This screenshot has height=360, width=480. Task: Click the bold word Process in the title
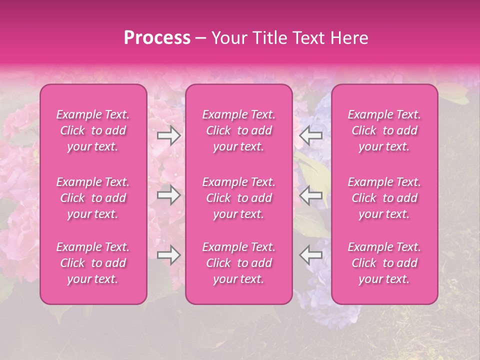tap(156, 38)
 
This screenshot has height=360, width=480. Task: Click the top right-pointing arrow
tap(169, 135)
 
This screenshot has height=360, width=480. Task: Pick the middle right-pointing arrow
tap(169, 195)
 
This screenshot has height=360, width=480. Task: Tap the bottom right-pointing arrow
tap(169, 255)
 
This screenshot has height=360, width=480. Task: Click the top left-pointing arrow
tap(310, 135)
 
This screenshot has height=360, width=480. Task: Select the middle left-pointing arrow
tap(310, 195)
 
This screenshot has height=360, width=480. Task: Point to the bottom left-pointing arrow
tap(310, 255)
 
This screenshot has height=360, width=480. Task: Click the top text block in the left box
tap(93, 130)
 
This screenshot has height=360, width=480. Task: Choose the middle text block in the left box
tap(93, 198)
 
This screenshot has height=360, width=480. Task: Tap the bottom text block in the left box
tap(93, 263)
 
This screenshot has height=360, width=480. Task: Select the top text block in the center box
tap(239, 130)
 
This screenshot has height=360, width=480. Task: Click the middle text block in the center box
tap(239, 198)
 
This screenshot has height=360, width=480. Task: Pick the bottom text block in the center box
tap(239, 263)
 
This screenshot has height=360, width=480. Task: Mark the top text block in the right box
tap(384, 130)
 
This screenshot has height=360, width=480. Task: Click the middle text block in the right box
tap(384, 198)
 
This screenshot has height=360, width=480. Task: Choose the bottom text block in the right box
tap(384, 263)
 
